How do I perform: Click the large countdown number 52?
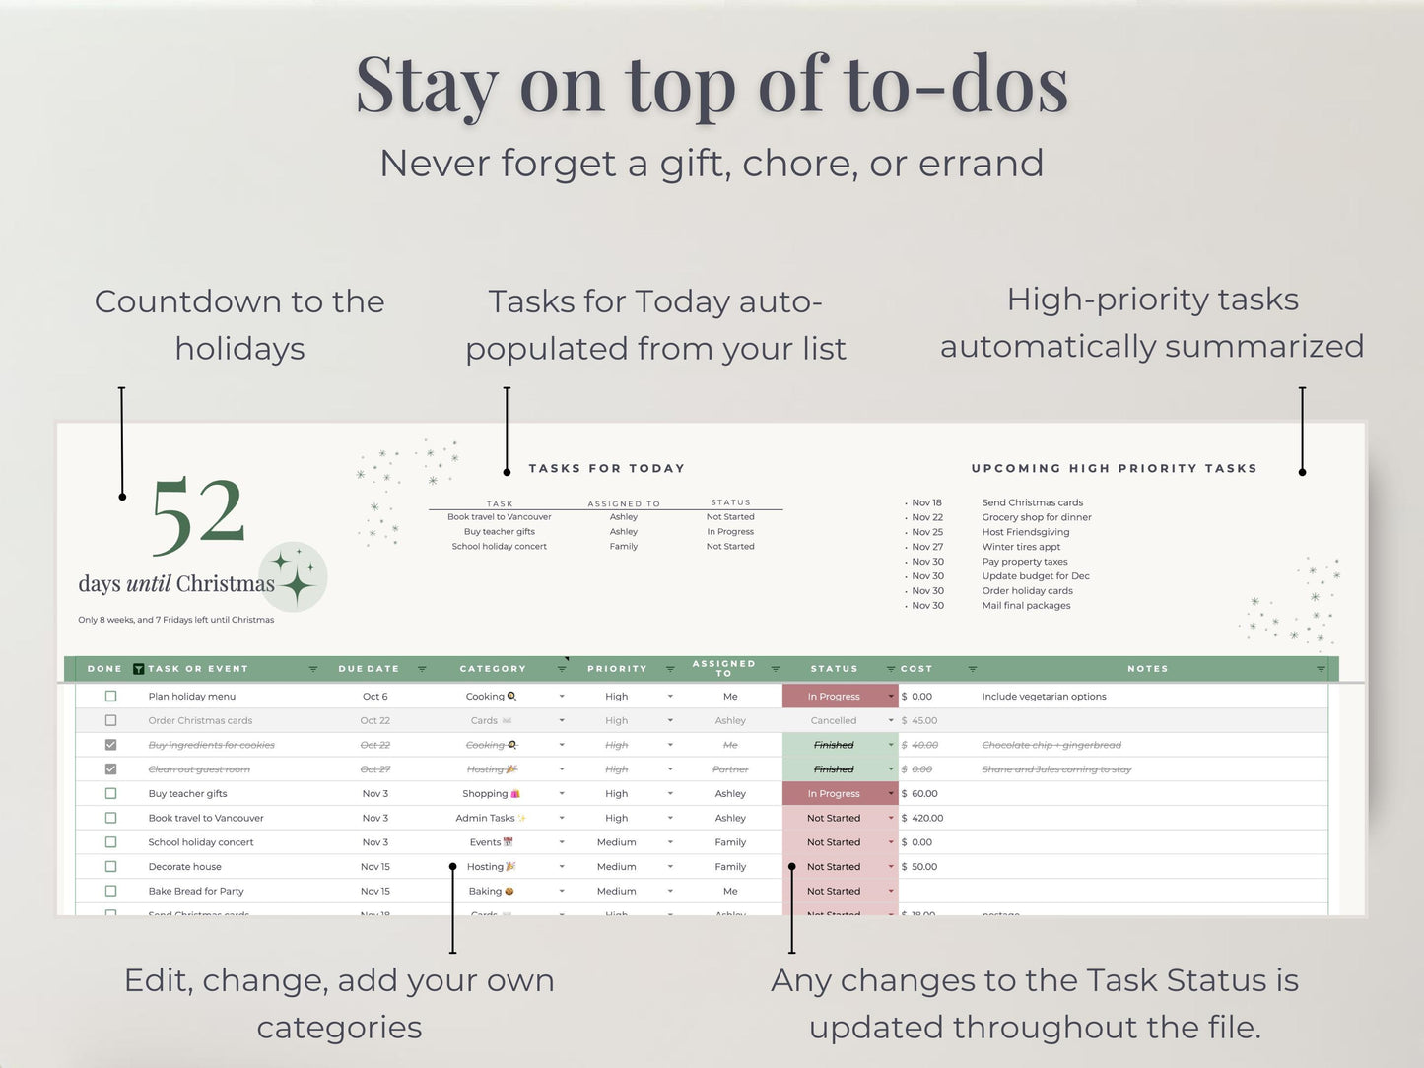point(197,514)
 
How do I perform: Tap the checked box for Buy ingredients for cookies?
point(110,745)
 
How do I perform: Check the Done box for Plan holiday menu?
point(110,696)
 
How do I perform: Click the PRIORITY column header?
point(617,669)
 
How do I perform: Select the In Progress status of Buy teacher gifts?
point(834,794)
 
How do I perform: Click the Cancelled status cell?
point(834,720)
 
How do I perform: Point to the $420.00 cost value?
point(926,818)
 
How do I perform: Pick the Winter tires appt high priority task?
point(1021,547)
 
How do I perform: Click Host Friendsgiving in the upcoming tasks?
point(1025,532)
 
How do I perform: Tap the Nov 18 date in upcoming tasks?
point(926,502)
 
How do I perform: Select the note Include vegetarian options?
point(1044,697)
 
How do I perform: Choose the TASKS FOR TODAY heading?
point(606,469)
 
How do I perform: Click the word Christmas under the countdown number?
point(226,584)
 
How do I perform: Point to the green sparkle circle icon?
point(294,576)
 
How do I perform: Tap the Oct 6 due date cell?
point(374,697)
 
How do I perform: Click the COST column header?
point(916,669)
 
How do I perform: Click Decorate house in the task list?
point(184,867)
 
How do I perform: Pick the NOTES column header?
point(1147,669)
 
